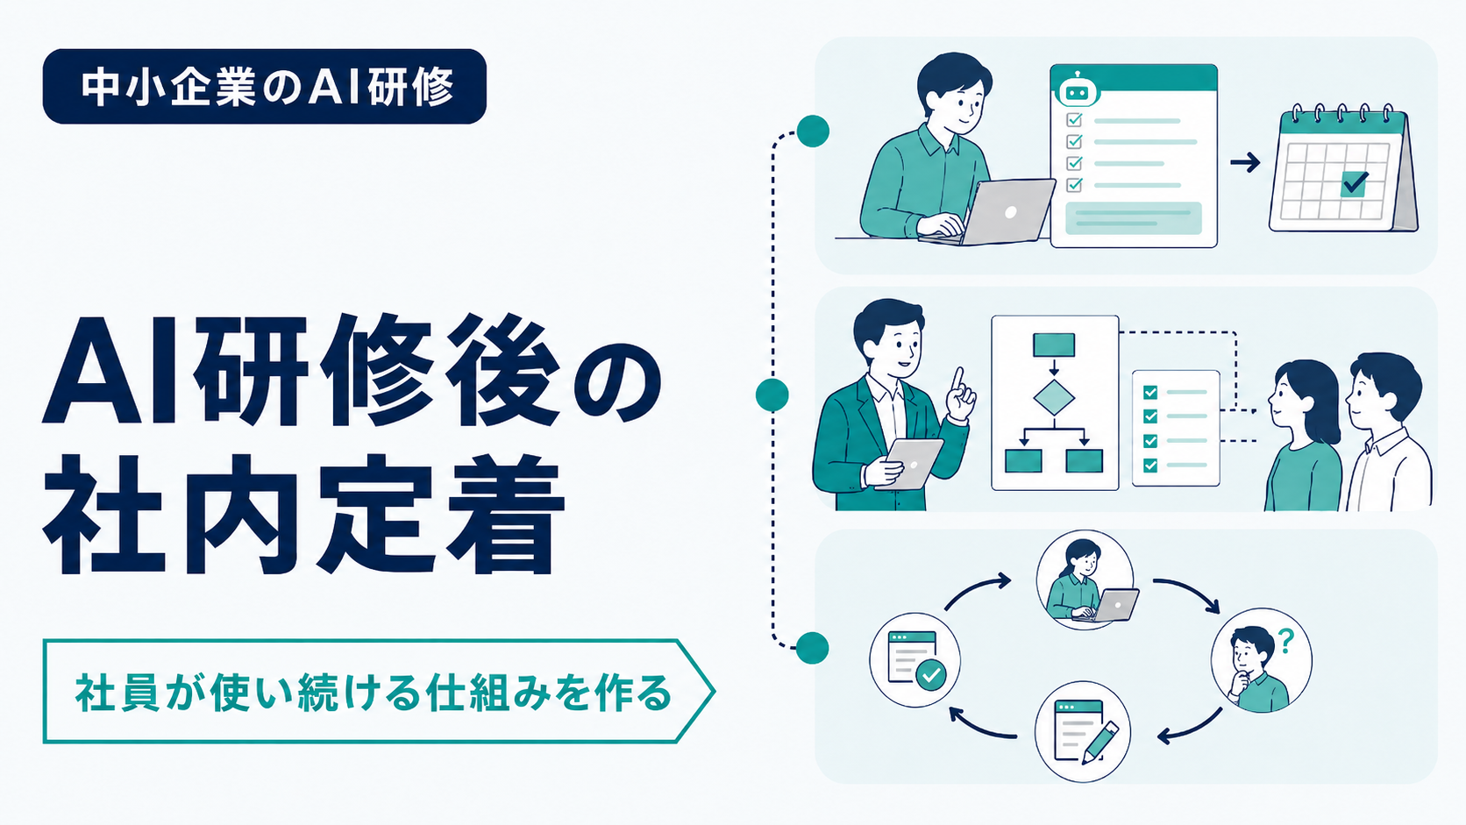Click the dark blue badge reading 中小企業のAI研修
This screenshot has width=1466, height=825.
point(265,87)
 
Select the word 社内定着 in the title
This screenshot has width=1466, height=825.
point(303,515)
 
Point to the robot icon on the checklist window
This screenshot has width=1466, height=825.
point(1077,91)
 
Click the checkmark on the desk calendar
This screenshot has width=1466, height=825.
point(1354,182)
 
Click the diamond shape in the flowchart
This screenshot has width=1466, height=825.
point(1054,396)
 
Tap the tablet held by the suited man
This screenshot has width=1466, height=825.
point(910,463)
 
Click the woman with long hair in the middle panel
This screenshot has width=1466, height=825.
point(1302,434)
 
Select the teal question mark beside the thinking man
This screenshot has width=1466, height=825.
point(1286,641)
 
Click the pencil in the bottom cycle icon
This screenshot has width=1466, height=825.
point(1099,743)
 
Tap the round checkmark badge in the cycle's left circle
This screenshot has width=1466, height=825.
point(930,675)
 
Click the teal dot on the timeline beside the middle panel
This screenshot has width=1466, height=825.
point(772,395)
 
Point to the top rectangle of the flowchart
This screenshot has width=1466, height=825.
point(1054,345)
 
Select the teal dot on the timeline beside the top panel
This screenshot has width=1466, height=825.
point(814,132)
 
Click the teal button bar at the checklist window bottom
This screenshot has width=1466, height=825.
point(1134,217)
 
